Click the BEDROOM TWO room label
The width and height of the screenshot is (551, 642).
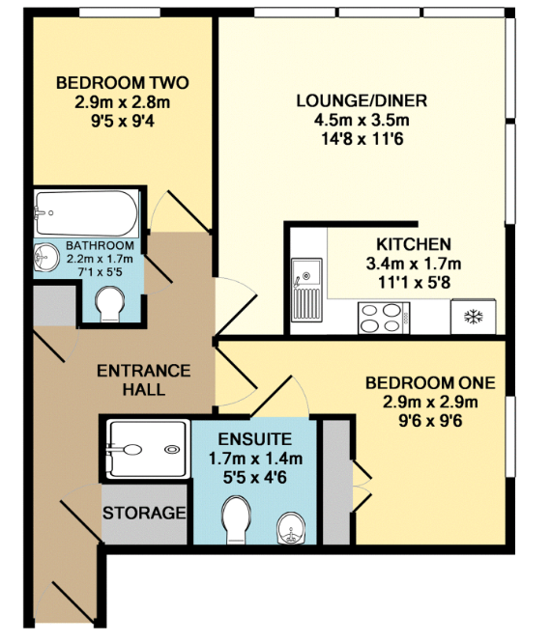coord(122,82)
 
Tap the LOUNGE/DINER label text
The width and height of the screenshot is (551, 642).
coord(361,101)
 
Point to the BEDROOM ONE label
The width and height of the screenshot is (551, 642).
coord(429,383)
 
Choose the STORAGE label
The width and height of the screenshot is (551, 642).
coord(144,512)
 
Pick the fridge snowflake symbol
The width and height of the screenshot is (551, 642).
coord(474,317)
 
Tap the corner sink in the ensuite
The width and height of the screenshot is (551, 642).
coord(291,527)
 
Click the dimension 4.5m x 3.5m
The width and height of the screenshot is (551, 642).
coord(361,120)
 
